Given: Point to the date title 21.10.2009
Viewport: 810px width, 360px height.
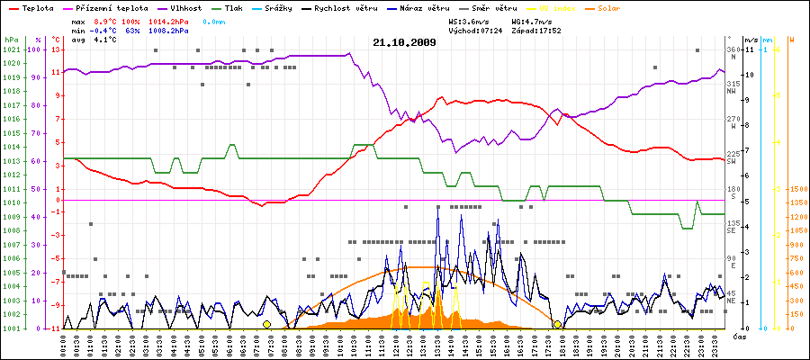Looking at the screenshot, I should (404, 41).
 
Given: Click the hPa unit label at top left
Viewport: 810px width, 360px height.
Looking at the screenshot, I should (11, 40).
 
